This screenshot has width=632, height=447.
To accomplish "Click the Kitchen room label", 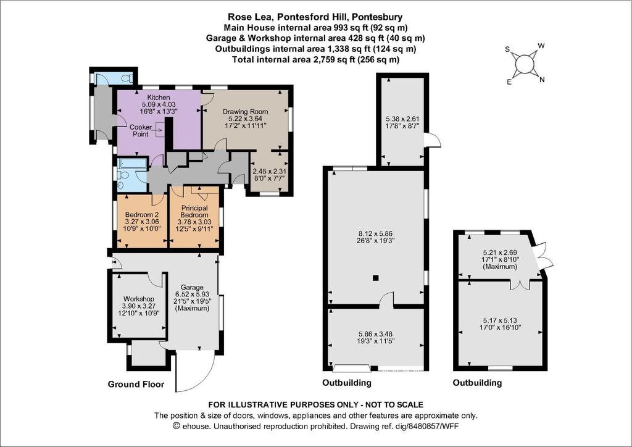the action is coord(159,98).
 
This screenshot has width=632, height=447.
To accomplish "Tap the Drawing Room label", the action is coord(246,112).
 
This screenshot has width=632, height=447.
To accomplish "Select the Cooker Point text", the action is coord(141,131).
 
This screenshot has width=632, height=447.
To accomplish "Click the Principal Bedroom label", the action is coord(194,212).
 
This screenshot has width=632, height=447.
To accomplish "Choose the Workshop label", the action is coord(139,299).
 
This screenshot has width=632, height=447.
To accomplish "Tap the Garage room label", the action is coord(192,287).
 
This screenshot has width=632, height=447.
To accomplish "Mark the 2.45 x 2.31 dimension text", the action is coord(269,171).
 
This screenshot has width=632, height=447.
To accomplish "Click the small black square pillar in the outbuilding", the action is coord(376,277).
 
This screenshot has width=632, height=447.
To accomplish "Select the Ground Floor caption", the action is coord(136,384).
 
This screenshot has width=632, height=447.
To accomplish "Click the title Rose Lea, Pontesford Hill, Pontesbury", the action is coord(315,17).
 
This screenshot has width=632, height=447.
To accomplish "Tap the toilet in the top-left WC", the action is coord(128,77).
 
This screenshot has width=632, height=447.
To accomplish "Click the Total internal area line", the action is coord(315,60).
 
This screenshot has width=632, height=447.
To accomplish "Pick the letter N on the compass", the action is coord(542,80).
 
